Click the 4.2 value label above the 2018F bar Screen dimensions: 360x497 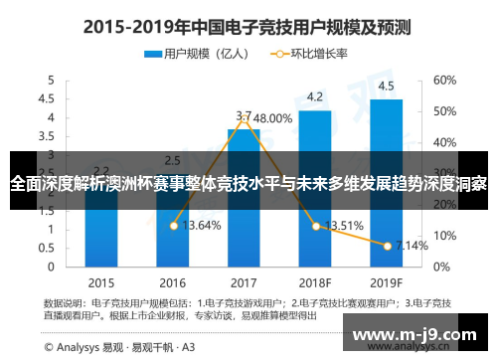coord(314,96)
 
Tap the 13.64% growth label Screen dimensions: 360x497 coord(204,226)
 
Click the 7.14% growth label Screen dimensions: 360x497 coord(410,245)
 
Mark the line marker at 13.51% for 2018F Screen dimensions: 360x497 coord(316,226)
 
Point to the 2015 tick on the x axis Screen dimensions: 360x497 coord(99,281)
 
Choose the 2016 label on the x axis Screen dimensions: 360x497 coord(172,281)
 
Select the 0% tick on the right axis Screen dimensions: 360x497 coord(440,267)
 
